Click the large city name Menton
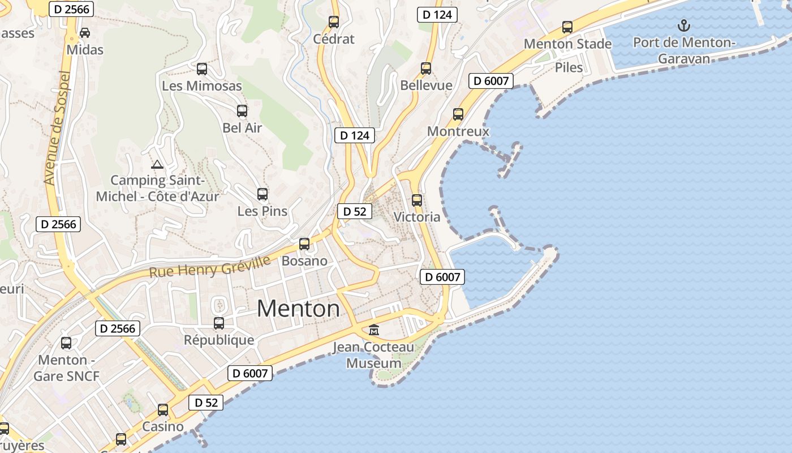click(298, 309)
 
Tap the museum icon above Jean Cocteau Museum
click(374, 329)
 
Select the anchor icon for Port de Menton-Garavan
click(684, 25)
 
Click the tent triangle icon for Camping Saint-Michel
click(157, 165)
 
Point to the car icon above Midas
click(85, 33)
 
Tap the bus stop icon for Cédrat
click(334, 22)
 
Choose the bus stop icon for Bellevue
click(426, 69)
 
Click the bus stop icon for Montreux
click(458, 114)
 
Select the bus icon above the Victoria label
click(417, 200)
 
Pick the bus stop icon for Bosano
click(304, 244)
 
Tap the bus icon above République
click(219, 323)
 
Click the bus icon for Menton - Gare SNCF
click(66, 343)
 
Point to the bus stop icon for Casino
click(163, 410)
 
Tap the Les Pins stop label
click(262, 211)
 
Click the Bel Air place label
click(242, 128)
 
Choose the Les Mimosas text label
click(202, 86)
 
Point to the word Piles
click(569, 67)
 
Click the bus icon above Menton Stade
click(567, 27)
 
